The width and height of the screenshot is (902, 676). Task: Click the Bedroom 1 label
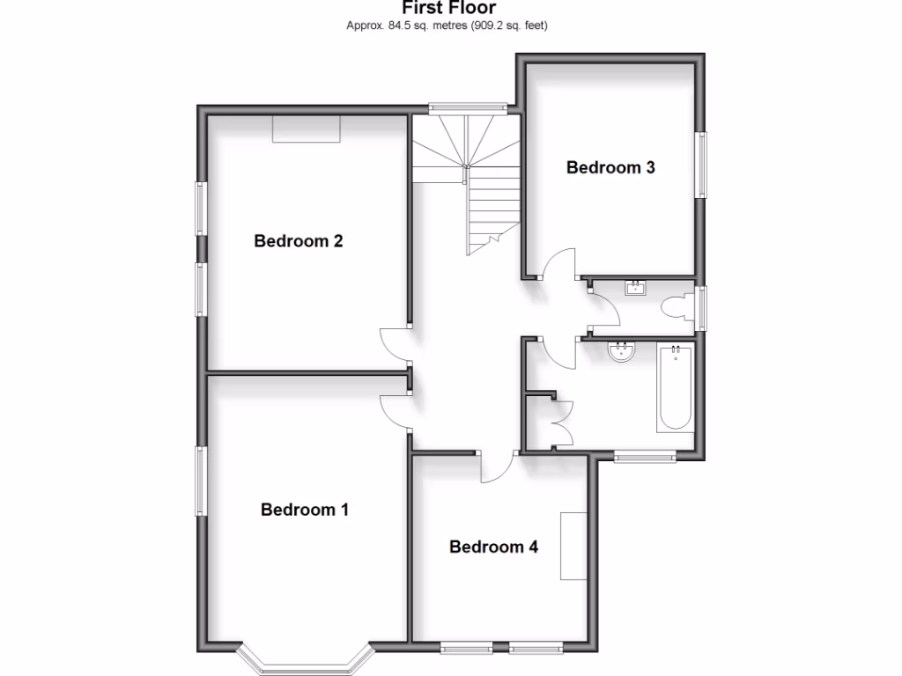tap(305, 510)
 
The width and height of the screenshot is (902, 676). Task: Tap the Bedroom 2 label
tap(298, 241)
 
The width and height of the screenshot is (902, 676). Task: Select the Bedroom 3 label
tap(610, 167)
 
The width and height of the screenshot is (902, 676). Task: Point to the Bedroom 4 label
tap(493, 547)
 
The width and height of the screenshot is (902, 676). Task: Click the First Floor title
tap(448, 8)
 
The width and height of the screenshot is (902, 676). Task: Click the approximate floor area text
tap(447, 26)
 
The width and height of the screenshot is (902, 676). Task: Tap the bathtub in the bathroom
tap(676, 387)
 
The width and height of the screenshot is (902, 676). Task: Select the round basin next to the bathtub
tap(623, 353)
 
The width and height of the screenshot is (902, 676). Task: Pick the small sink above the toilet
tap(636, 287)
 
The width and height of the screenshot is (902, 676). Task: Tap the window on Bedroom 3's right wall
tap(702, 165)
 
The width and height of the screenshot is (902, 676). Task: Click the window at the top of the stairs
tap(468, 108)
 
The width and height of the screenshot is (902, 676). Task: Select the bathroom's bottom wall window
tap(645, 456)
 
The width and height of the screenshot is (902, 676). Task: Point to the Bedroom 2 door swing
tap(394, 342)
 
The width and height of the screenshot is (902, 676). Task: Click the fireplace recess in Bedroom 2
tap(306, 129)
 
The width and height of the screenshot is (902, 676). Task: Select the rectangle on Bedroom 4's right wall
tap(575, 545)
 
